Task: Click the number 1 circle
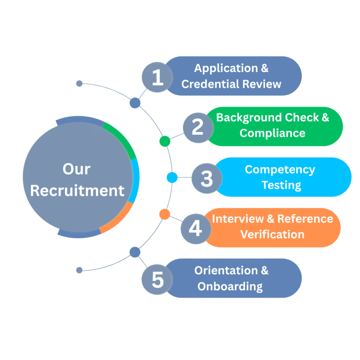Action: click(x=157, y=77)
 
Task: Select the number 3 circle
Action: click(x=206, y=178)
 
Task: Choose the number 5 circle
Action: click(x=157, y=279)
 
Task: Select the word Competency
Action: click(x=280, y=169)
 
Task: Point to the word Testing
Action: click(x=281, y=185)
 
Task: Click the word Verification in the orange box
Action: click(x=272, y=234)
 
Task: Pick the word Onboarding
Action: click(x=230, y=286)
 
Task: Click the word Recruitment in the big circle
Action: click(x=77, y=191)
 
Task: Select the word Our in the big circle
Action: click(x=77, y=169)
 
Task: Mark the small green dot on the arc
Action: click(x=165, y=141)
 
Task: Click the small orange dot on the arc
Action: click(x=165, y=214)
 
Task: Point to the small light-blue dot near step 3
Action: click(x=172, y=178)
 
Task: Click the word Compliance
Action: click(x=272, y=133)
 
